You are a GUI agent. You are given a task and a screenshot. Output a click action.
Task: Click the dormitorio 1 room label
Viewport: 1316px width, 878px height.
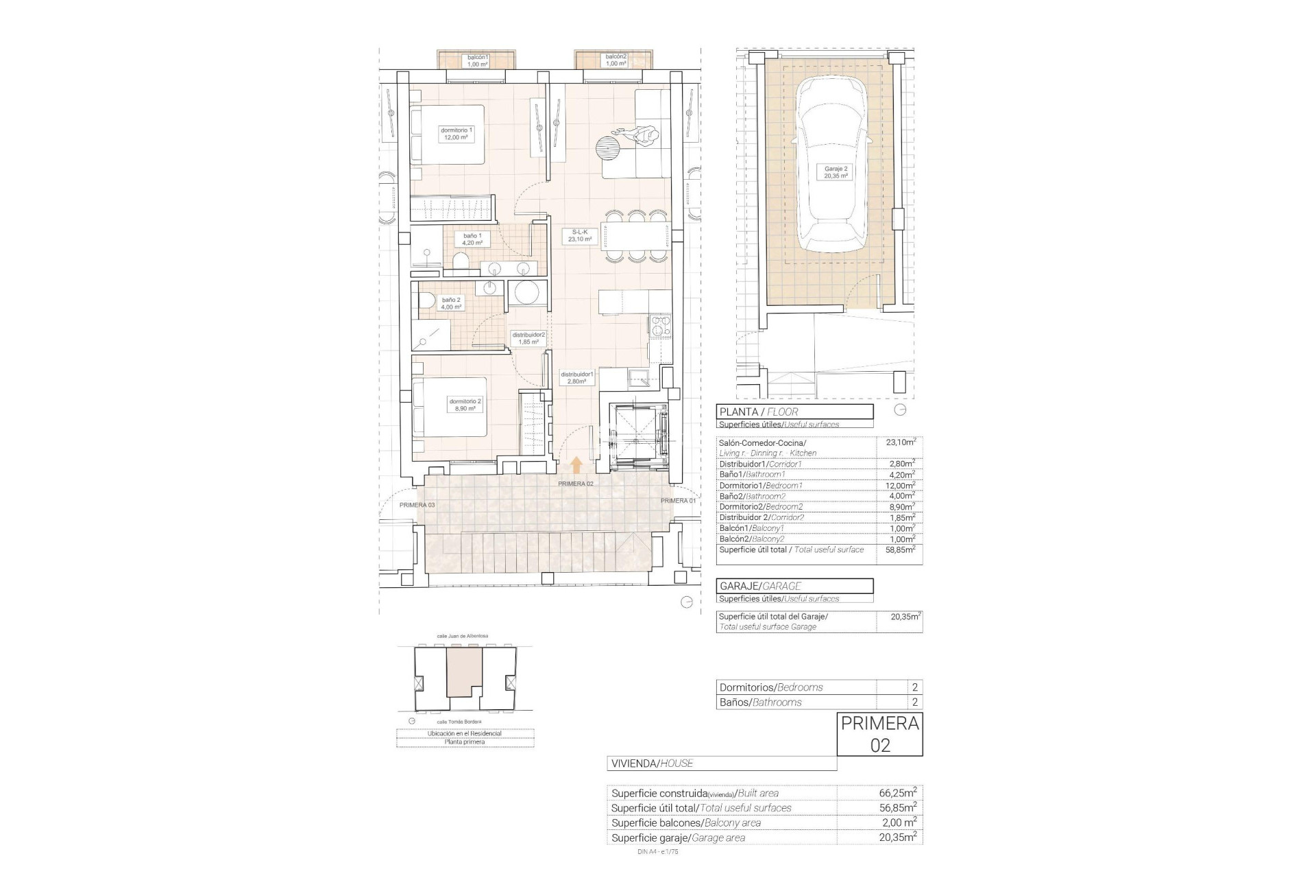click(456, 134)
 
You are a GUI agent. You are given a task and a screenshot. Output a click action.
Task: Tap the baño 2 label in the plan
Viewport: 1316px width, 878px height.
click(451, 303)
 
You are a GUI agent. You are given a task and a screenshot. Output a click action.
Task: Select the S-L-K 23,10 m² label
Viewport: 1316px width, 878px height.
click(580, 236)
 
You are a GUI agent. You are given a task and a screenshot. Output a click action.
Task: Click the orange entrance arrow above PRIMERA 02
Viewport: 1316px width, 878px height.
click(576, 466)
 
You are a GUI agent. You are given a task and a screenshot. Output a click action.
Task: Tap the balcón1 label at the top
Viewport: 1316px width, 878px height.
click(477, 60)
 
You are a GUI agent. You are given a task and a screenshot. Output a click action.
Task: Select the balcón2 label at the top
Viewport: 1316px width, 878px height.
click(616, 60)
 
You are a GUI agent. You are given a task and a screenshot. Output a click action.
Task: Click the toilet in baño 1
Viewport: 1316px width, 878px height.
click(461, 262)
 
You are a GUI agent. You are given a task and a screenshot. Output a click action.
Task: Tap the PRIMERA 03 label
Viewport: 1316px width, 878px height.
click(417, 505)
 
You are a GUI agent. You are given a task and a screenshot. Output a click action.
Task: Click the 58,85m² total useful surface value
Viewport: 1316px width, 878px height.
click(901, 549)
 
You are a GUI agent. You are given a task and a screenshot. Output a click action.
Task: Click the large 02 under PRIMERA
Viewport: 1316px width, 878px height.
click(880, 745)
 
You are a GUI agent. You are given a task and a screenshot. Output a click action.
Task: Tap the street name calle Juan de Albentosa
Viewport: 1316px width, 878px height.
click(462, 636)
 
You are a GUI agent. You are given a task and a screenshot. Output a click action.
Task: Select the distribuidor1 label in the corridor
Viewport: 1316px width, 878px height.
click(576, 377)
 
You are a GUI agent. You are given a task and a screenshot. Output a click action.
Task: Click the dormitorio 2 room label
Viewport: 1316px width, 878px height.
click(465, 405)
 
